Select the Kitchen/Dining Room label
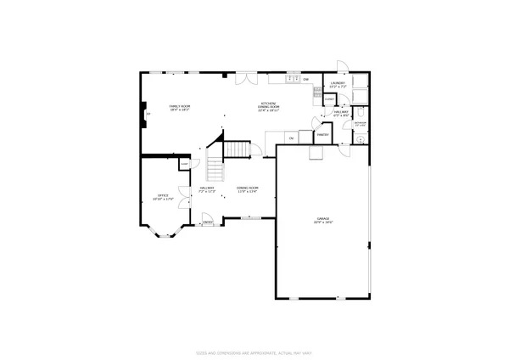pos(270,107)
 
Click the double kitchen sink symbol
pos(292,79)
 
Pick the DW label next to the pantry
pos(291,138)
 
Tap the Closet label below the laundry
pos(329,99)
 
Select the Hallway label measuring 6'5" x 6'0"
pos(342,114)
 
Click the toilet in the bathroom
pos(362,112)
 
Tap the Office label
pos(161,197)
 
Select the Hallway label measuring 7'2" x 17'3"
pos(208,190)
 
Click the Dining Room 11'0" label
pos(247,189)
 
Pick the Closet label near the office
pos(183,163)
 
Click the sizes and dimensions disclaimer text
pos(254,352)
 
